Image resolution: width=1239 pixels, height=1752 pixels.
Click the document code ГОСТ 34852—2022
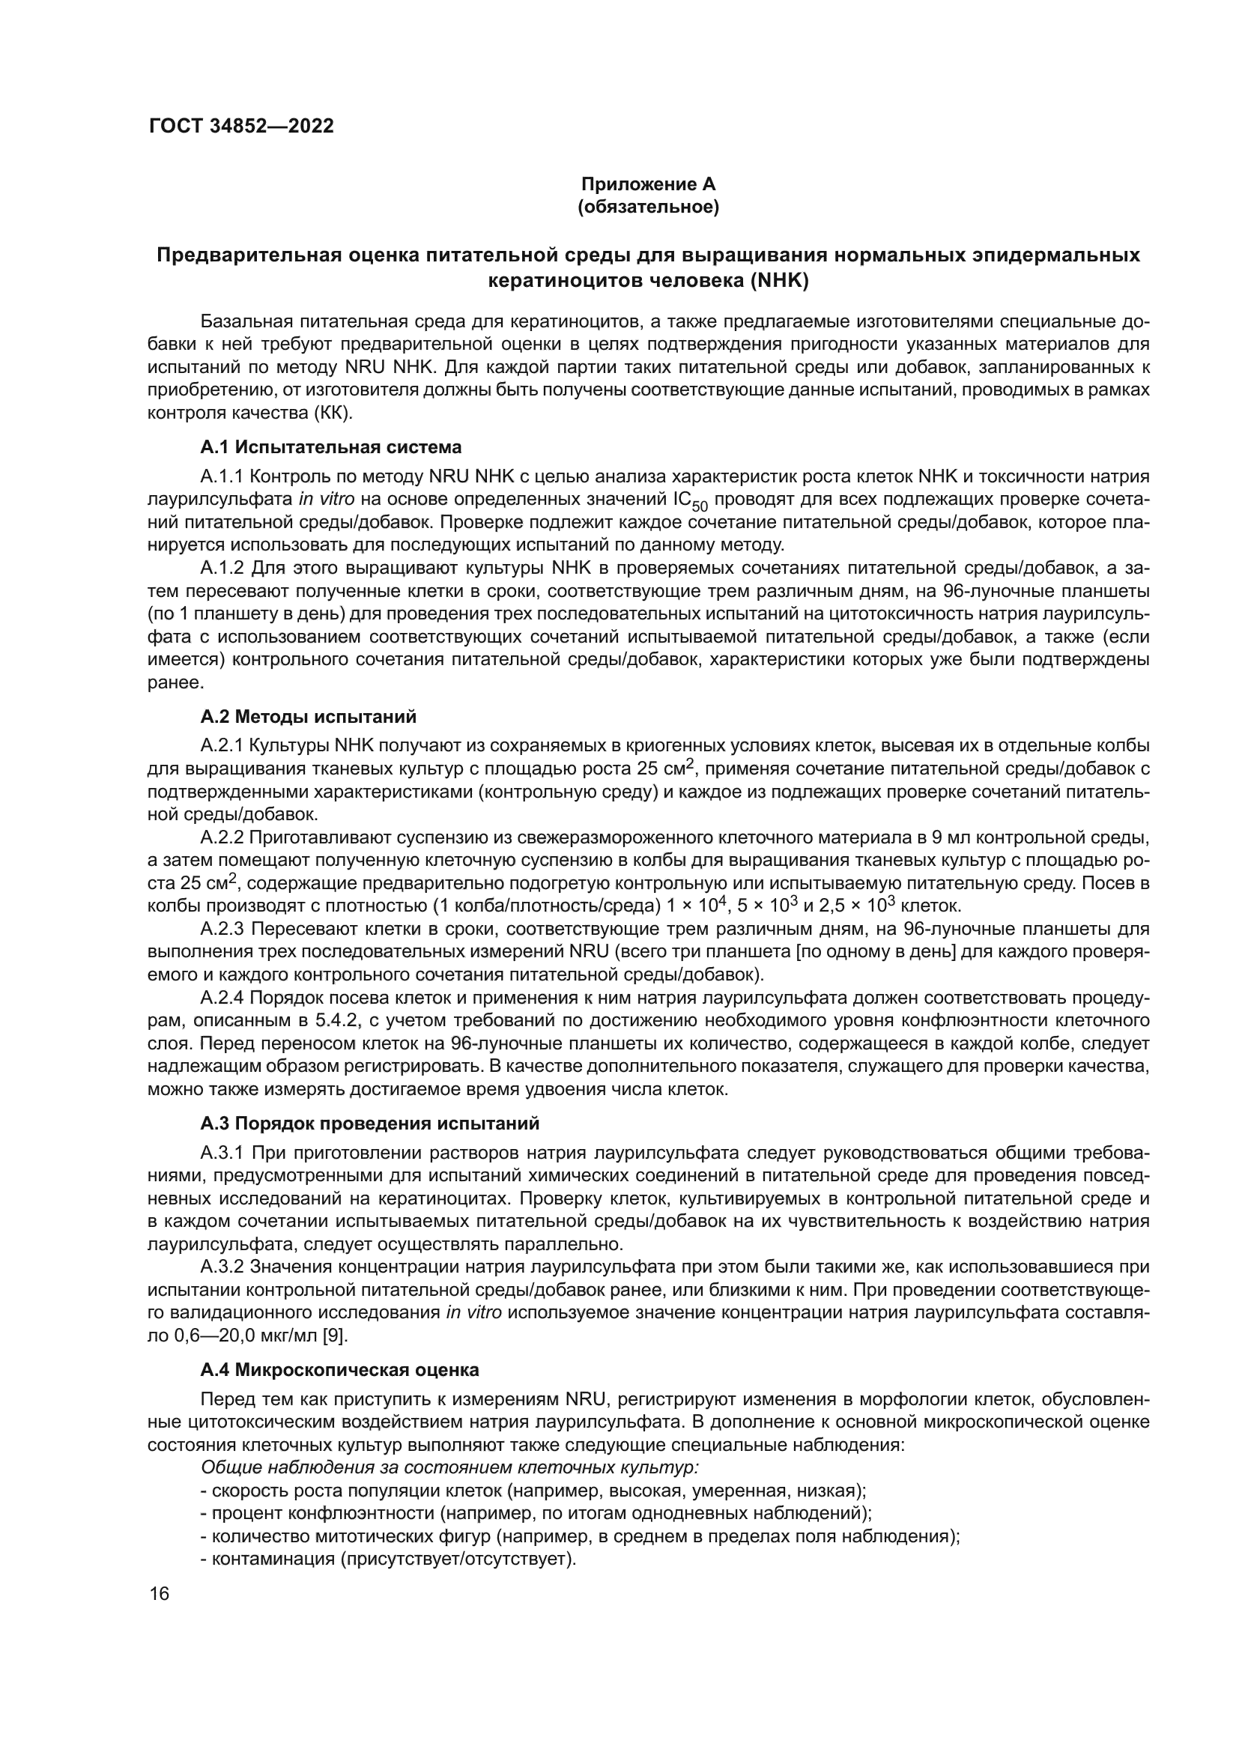pos(241,127)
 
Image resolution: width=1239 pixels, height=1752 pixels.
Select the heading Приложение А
pos(649,185)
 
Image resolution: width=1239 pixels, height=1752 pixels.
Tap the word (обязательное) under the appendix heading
pos(649,207)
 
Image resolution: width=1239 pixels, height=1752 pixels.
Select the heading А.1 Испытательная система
pos(331,447)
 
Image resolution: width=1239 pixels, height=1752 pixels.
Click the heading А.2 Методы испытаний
pos(308,717)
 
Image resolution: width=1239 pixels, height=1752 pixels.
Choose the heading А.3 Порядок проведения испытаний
pos(370,1124)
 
